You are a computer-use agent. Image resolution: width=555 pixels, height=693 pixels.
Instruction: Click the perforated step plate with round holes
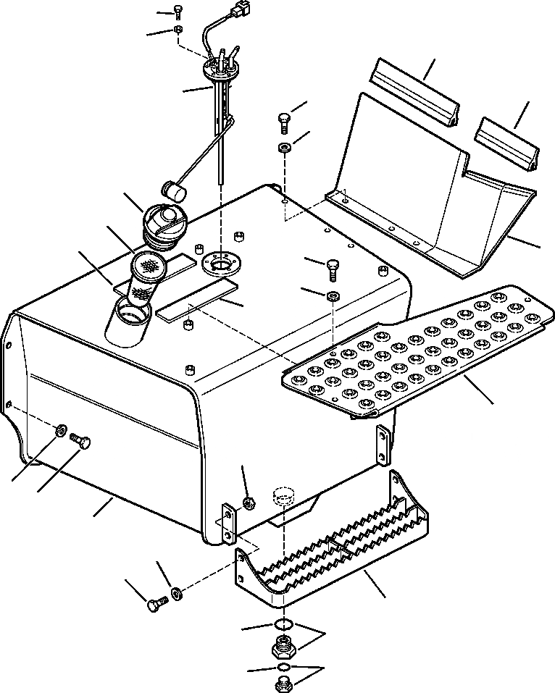point(418,348)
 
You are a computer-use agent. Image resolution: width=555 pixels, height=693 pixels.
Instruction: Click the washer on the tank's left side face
point(59,432)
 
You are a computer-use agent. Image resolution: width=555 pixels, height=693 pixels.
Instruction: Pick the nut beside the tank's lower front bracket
point(246,501)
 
